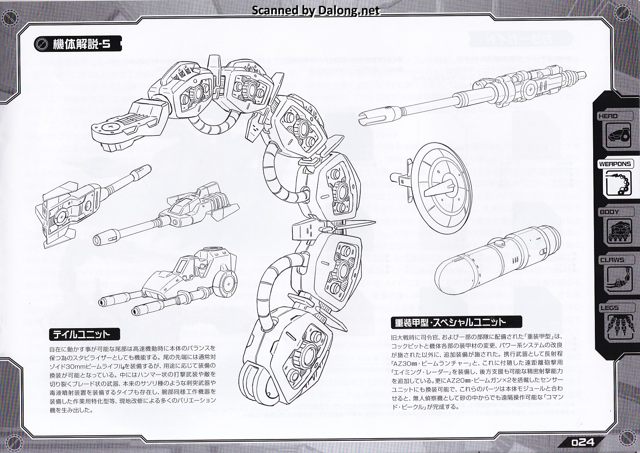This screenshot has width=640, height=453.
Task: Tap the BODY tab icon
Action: [619, 231]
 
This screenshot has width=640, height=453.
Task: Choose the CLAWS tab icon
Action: [619, 279]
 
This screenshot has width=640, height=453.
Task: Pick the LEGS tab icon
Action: [619, 327]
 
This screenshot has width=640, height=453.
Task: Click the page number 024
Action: [583, 442]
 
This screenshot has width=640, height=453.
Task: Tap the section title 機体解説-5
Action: [81, 43]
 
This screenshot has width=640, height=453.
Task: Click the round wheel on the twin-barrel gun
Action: [227, 284]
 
